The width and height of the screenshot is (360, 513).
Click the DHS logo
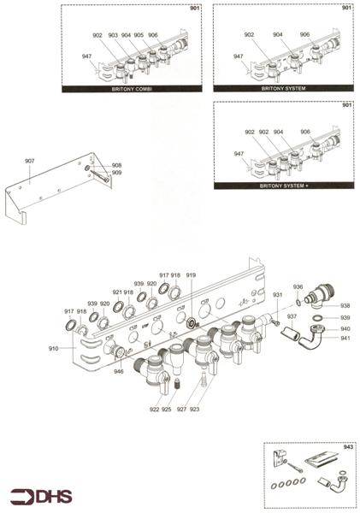click(41, 496)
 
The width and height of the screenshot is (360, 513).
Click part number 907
click(30, 161)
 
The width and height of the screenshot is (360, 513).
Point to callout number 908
click(116, 165)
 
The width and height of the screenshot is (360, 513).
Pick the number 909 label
click(116, 173)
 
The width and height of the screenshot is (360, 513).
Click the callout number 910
click(53, 349)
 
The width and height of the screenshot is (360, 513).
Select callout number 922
click(154, 410)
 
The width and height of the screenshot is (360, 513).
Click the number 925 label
click(167, 410)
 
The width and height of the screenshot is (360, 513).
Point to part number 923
click(195, 410)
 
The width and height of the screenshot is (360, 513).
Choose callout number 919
click(191, 275)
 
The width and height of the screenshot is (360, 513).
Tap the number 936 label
click(298, 287)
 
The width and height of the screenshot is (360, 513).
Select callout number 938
click(345, 305)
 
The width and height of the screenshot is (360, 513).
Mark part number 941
click(345, 338)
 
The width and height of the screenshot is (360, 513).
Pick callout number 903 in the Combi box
click(113, 35)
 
